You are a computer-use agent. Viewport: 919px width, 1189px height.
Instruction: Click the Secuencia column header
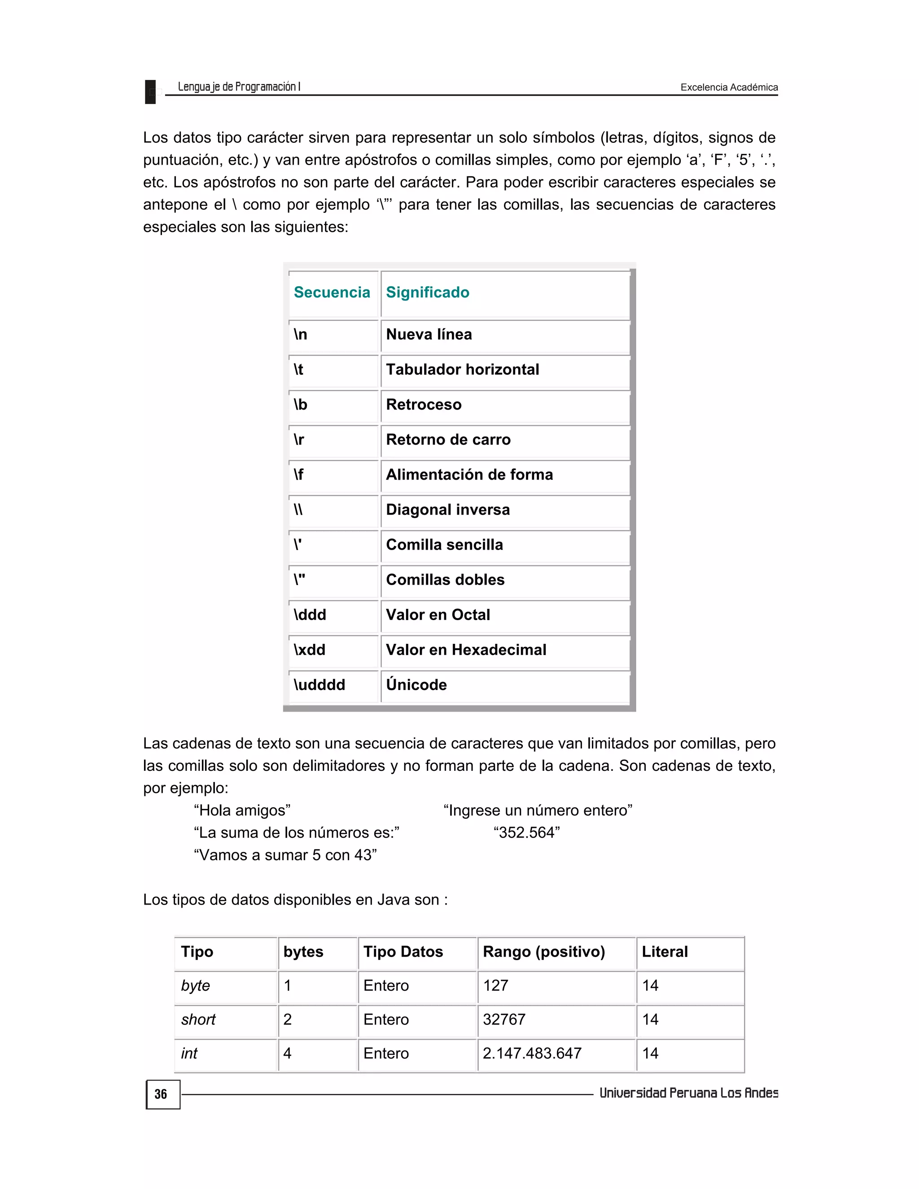click(x=332, y=293)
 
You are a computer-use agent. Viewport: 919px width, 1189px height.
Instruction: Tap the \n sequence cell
click(x=301, y=334)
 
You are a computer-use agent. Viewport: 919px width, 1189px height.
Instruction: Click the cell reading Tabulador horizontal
click(x=462, y=370)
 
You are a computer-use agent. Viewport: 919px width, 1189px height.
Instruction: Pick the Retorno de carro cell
click(x=448, y=439)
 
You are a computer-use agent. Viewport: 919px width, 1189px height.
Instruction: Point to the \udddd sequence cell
click(x=319, y=685)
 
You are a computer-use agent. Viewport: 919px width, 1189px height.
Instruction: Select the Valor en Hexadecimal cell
click(x=466, y=650)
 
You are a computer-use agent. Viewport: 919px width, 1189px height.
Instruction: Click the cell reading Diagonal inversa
click(x=447, y=510)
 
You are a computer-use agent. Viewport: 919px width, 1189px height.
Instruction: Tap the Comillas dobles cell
click(x=445, y=580)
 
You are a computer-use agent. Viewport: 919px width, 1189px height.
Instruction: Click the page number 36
click(x=161, y=1094)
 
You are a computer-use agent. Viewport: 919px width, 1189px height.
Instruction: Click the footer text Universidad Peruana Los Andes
click(x=688, y=1093)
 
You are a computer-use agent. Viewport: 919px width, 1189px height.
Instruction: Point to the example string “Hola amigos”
click(x=242, y=811)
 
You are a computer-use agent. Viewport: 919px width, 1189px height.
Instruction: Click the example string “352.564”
click(x=526, y=833)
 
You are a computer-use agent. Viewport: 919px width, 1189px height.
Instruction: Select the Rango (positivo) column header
click(x=543, y=952)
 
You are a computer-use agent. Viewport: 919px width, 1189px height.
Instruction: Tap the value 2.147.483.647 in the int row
click(x=532, y=1053)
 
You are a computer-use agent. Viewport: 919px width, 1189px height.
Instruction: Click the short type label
click(x=198, y=1020)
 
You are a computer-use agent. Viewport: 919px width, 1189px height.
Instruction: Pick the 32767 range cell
click(x=503, y=1020)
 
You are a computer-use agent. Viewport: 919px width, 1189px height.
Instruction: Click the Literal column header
click(x=664, y=952)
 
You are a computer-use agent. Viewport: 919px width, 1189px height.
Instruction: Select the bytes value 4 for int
click(x=288, y=1053)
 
